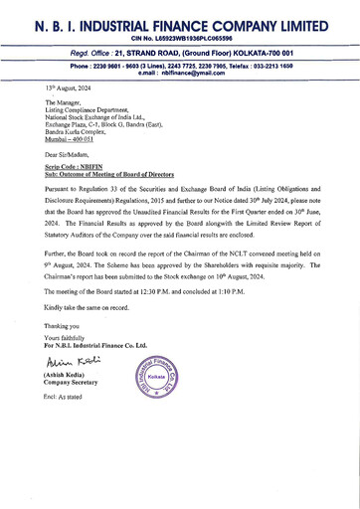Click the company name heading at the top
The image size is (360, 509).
tap(180, 22)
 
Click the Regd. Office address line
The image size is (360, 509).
tap(180, 53)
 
